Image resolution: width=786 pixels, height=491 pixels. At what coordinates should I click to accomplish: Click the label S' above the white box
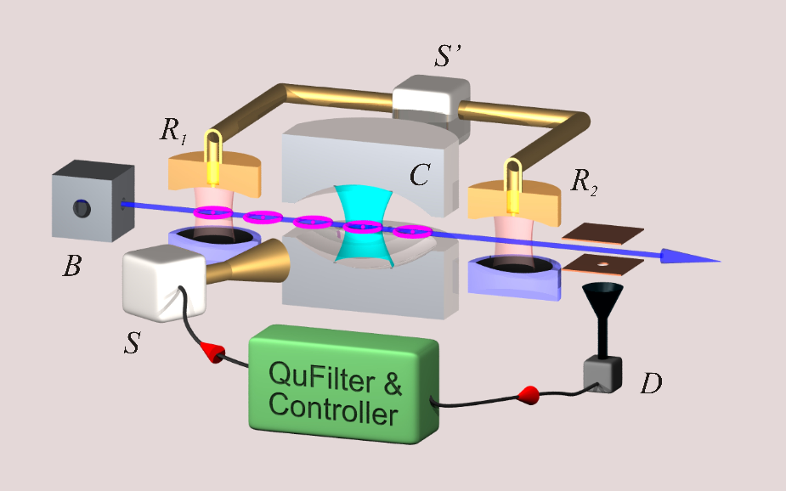point(448,55)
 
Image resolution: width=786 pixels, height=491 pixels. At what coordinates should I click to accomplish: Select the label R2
point(584,182)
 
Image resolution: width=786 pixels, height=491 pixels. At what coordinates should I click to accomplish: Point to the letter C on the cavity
point(420,175)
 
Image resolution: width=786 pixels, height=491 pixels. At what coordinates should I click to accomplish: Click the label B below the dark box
point(71,266)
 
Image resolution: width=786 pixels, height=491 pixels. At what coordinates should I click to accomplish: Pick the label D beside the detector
point(651,384)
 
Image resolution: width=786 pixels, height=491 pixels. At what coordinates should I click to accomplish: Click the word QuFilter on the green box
point(321,377)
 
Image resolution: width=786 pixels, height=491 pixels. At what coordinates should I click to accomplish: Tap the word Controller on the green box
point(333,409)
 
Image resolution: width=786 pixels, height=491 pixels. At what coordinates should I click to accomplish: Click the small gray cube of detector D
point(602,374)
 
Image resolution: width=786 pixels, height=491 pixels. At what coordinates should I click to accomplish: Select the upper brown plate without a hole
point(603,233)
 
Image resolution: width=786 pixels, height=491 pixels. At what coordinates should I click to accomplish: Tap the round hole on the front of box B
point(82,208)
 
